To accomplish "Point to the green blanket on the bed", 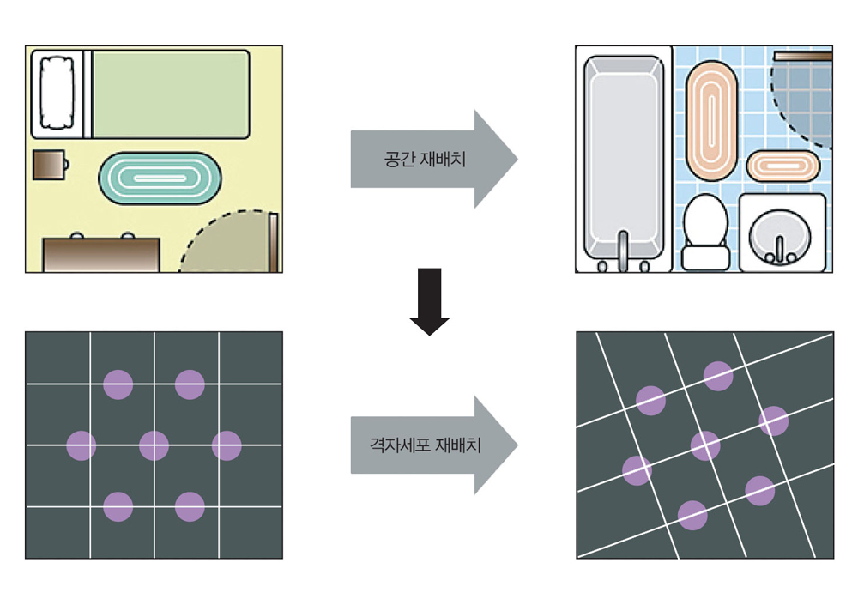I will point(170,93).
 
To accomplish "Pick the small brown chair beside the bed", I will point(48,164).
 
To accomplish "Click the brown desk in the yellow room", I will point(101,255).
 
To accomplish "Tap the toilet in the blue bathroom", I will point(705,232).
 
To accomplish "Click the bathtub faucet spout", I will point(624,244).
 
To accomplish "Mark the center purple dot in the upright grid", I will point(154,445).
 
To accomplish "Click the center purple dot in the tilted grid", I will point(705,445).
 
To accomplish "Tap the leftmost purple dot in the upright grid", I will point(82,445).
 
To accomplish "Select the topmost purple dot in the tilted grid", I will point(718,375).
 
